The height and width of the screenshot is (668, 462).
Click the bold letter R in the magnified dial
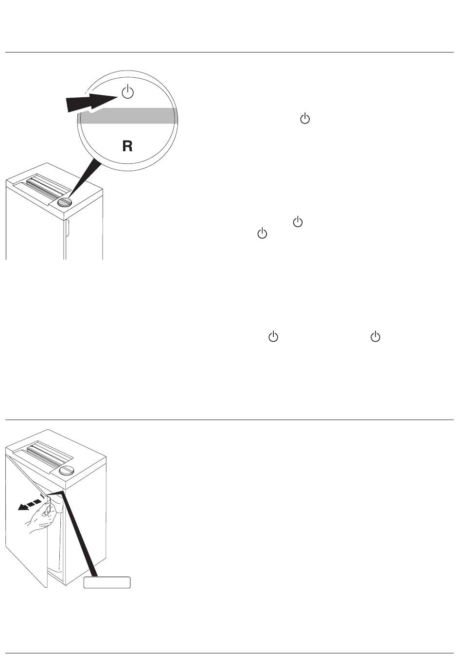(127, 146)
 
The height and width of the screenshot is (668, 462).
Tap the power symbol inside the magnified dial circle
(127, 91)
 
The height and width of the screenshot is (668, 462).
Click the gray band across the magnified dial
(127, 116)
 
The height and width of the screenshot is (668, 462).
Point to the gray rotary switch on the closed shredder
(64, 202)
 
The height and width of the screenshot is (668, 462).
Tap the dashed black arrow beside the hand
(29, 504)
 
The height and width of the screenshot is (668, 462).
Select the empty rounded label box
(107, 582)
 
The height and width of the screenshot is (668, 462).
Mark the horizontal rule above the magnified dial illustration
(230, 52)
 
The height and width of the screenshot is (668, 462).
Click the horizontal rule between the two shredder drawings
(230, 420)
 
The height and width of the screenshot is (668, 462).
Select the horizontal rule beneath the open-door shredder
(230, 653)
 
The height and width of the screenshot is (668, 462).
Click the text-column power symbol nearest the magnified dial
(305, 119)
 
